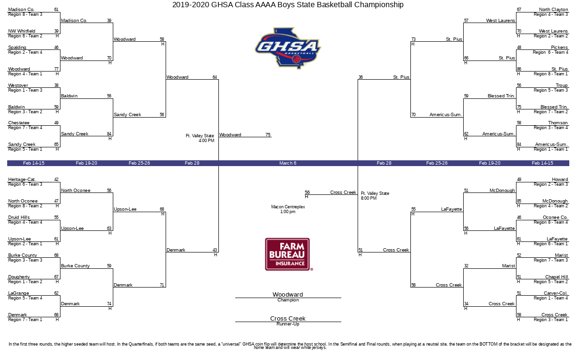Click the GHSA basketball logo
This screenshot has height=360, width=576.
point(288,48)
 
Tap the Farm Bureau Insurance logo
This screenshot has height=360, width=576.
point(288,254)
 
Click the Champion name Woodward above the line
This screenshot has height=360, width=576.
point(288,294)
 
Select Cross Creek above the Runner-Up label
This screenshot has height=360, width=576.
point(288,318)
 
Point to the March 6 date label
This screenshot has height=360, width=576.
point(288,163)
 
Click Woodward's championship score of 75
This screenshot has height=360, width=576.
point(268,134)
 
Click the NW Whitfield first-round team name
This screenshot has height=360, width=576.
point(22,31)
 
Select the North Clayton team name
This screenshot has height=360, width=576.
point(553,9)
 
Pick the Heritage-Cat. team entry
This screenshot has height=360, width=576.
point(22,179)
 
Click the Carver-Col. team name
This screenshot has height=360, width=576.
point(556,293)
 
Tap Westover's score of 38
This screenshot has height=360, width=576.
point(57,85)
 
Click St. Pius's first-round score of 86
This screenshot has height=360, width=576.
point(519,69)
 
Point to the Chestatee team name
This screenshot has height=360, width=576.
point(19,123)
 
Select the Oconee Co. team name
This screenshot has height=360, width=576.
point(555,217)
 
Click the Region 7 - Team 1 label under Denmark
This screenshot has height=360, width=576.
point(25,320)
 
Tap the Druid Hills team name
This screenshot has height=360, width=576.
point(19,217)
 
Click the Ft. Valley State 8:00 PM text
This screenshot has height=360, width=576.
point(375,196)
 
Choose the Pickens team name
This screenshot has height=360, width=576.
point(559,48)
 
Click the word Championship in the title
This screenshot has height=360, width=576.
point(379,5)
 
